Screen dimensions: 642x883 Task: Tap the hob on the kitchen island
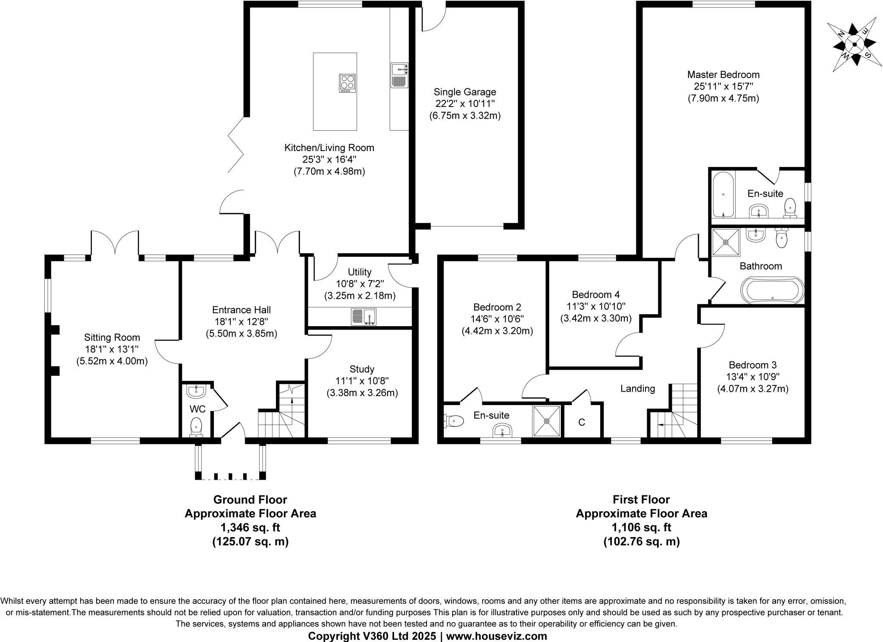348,83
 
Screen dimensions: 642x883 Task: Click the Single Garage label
465,92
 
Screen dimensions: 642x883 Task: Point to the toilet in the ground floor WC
196,426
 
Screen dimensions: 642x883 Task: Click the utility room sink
364,317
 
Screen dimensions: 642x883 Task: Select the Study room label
362,369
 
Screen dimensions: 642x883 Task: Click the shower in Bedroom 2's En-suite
547,421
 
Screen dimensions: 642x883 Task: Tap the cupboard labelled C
582,422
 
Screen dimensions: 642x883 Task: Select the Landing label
637,389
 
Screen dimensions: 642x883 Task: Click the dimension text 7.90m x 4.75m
723,98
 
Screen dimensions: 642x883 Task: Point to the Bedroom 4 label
595,295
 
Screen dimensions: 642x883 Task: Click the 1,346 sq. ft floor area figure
250,527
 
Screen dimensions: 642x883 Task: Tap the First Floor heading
641,500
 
